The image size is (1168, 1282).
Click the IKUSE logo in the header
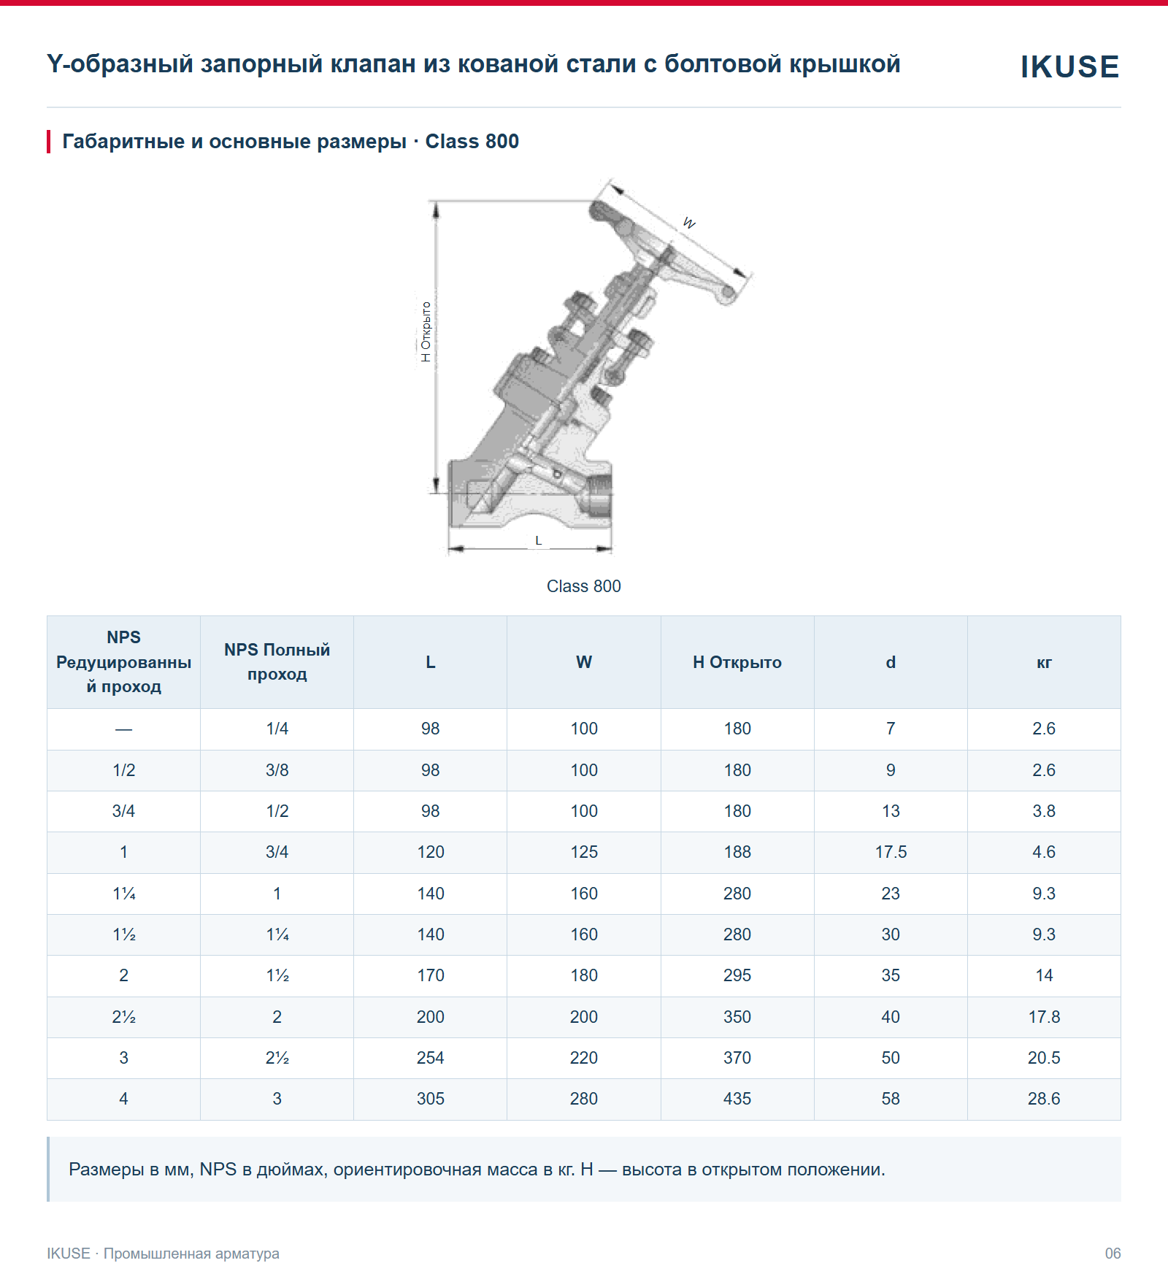tap(1069, 66)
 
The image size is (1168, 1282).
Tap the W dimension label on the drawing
tap(689, 223)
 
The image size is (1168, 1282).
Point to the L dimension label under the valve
tap(539, 541)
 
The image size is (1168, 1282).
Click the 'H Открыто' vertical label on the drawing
tap(426, 331)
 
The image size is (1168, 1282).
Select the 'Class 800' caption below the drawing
tap(584, 586)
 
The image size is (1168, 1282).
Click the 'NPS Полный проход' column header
tap(277, 661)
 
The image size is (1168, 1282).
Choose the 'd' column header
tap(891, 662)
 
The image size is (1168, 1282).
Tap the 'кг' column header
tap(1044, 663)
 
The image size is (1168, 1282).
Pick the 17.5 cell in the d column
tap(891, 852)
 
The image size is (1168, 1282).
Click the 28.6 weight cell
tap(1044, 1099)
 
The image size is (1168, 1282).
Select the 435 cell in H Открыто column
tap(737, 1099)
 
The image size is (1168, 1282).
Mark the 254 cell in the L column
tap(431, 1058)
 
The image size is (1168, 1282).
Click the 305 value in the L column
tap(431, 1099)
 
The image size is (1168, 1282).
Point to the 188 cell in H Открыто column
tap(737, 852)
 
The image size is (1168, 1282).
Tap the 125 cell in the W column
tap(584, 852)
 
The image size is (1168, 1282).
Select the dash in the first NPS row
tap(124, 729)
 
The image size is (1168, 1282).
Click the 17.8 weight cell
tap(1044, 1017)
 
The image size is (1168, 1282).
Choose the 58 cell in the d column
tap(891, 1099)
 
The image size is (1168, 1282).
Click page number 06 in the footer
tap(1113, 1254)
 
